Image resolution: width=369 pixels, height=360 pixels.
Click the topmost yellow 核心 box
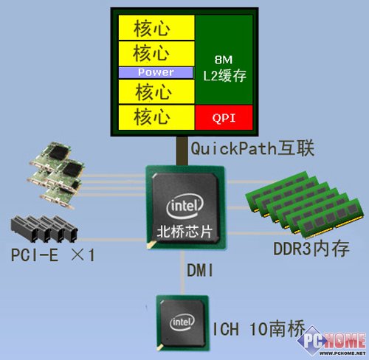[x=156, y=27]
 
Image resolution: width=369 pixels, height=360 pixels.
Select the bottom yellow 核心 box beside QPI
[x=156, y=117]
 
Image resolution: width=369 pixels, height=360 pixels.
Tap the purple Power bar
[x=156, y=72]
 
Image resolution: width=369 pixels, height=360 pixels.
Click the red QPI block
[x=224, y=117]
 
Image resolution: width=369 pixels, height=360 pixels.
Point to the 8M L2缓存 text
[x=224, y=69]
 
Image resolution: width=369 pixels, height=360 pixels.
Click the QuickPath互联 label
[x=252, y=148]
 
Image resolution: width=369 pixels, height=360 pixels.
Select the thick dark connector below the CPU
[x=182, y=151]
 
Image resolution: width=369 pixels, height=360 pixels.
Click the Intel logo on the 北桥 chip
[x=184, y=206]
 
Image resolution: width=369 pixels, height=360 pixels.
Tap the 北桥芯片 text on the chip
[x=184, y=231]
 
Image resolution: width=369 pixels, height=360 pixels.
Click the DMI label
[x=200, y=271]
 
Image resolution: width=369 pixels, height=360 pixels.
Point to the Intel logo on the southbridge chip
[x=182, y=322]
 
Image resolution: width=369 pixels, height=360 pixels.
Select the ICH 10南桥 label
[x=259, y=329]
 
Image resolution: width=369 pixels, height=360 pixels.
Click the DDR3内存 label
[x=311, y=249]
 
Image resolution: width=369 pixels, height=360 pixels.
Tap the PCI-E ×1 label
[x=53, y=255]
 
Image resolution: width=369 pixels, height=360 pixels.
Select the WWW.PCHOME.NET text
[x=342, y=353]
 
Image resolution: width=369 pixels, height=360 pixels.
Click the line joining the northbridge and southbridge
[x=182, y=273]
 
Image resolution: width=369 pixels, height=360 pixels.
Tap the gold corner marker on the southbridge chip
[x=161, y=347]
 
